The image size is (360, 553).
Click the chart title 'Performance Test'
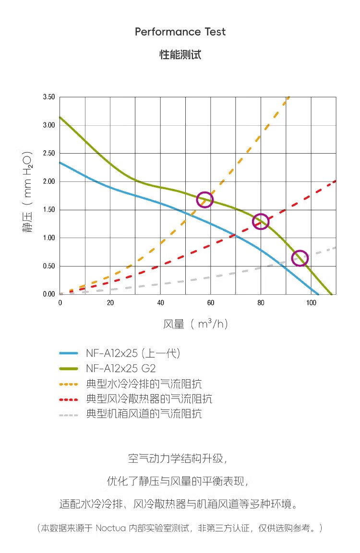pyautogui.click(x=180, y=32)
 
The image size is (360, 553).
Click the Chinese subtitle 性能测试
pyautogui.click(x=180, y=55)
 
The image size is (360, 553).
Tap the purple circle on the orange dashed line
pyautogui.click(x=205, y=200)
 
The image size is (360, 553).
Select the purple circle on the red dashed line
pyautogui.click(x=260, y=221)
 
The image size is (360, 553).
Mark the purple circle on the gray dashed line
pyautogui.click(x=300, y=258)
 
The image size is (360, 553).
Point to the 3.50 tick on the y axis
pyautogui.click(x=48, y=97)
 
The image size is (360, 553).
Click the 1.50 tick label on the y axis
pyautogui.click(x=48, y=210)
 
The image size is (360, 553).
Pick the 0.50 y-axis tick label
pyautogui.click(x=48, y=266)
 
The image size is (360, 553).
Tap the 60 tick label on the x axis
pyautogui.click(x=210, y=303)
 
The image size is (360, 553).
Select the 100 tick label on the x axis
pyautogui.click(x=311, y=303)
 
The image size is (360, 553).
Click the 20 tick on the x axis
pyautogui.click(x=110, y=303)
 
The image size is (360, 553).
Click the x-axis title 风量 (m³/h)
pyautogui.click(x=195, y=325)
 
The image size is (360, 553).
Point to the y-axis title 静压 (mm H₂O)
pyautogui.click(x=27, y=192)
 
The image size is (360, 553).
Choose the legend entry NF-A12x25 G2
pyautogui.click(x=120, y=369)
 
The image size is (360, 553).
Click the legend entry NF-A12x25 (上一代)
pyautogui.click(x=133, y=354)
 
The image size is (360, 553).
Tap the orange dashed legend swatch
pyautogui.click(x=68, y=384)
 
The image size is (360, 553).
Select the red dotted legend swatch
pyautogui.click(x=68, y=399)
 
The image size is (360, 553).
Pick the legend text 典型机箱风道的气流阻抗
pyautogui.click(x=144, y=414)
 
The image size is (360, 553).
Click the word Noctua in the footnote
pyautogui.click(x=110, y=528)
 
